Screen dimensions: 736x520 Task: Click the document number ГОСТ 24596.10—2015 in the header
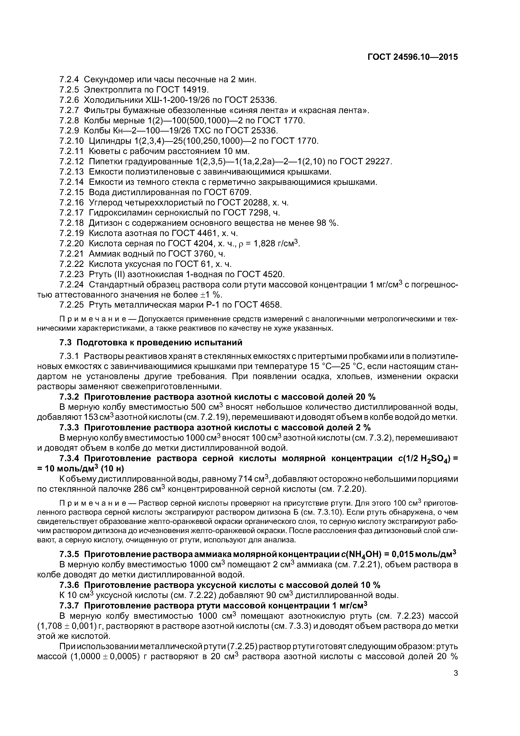(x=412, y=57)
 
